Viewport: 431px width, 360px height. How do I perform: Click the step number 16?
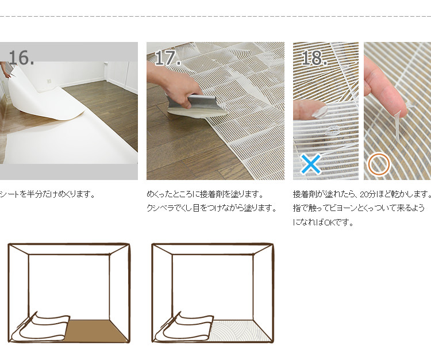coord(21,58)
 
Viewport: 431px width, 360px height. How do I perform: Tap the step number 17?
coord(168,58)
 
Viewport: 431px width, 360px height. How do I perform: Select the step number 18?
coord(314,58)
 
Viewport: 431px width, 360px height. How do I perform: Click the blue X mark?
coord(310,164)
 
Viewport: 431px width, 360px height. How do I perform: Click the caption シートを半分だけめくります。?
coord(47,194)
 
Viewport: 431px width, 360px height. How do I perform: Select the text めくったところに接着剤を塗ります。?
coord(205,194)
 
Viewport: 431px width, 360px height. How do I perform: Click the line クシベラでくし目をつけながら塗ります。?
coord(211,208)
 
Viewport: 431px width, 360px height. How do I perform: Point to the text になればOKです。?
coord(323,222)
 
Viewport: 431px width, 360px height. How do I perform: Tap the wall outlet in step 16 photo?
coord(49,81)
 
